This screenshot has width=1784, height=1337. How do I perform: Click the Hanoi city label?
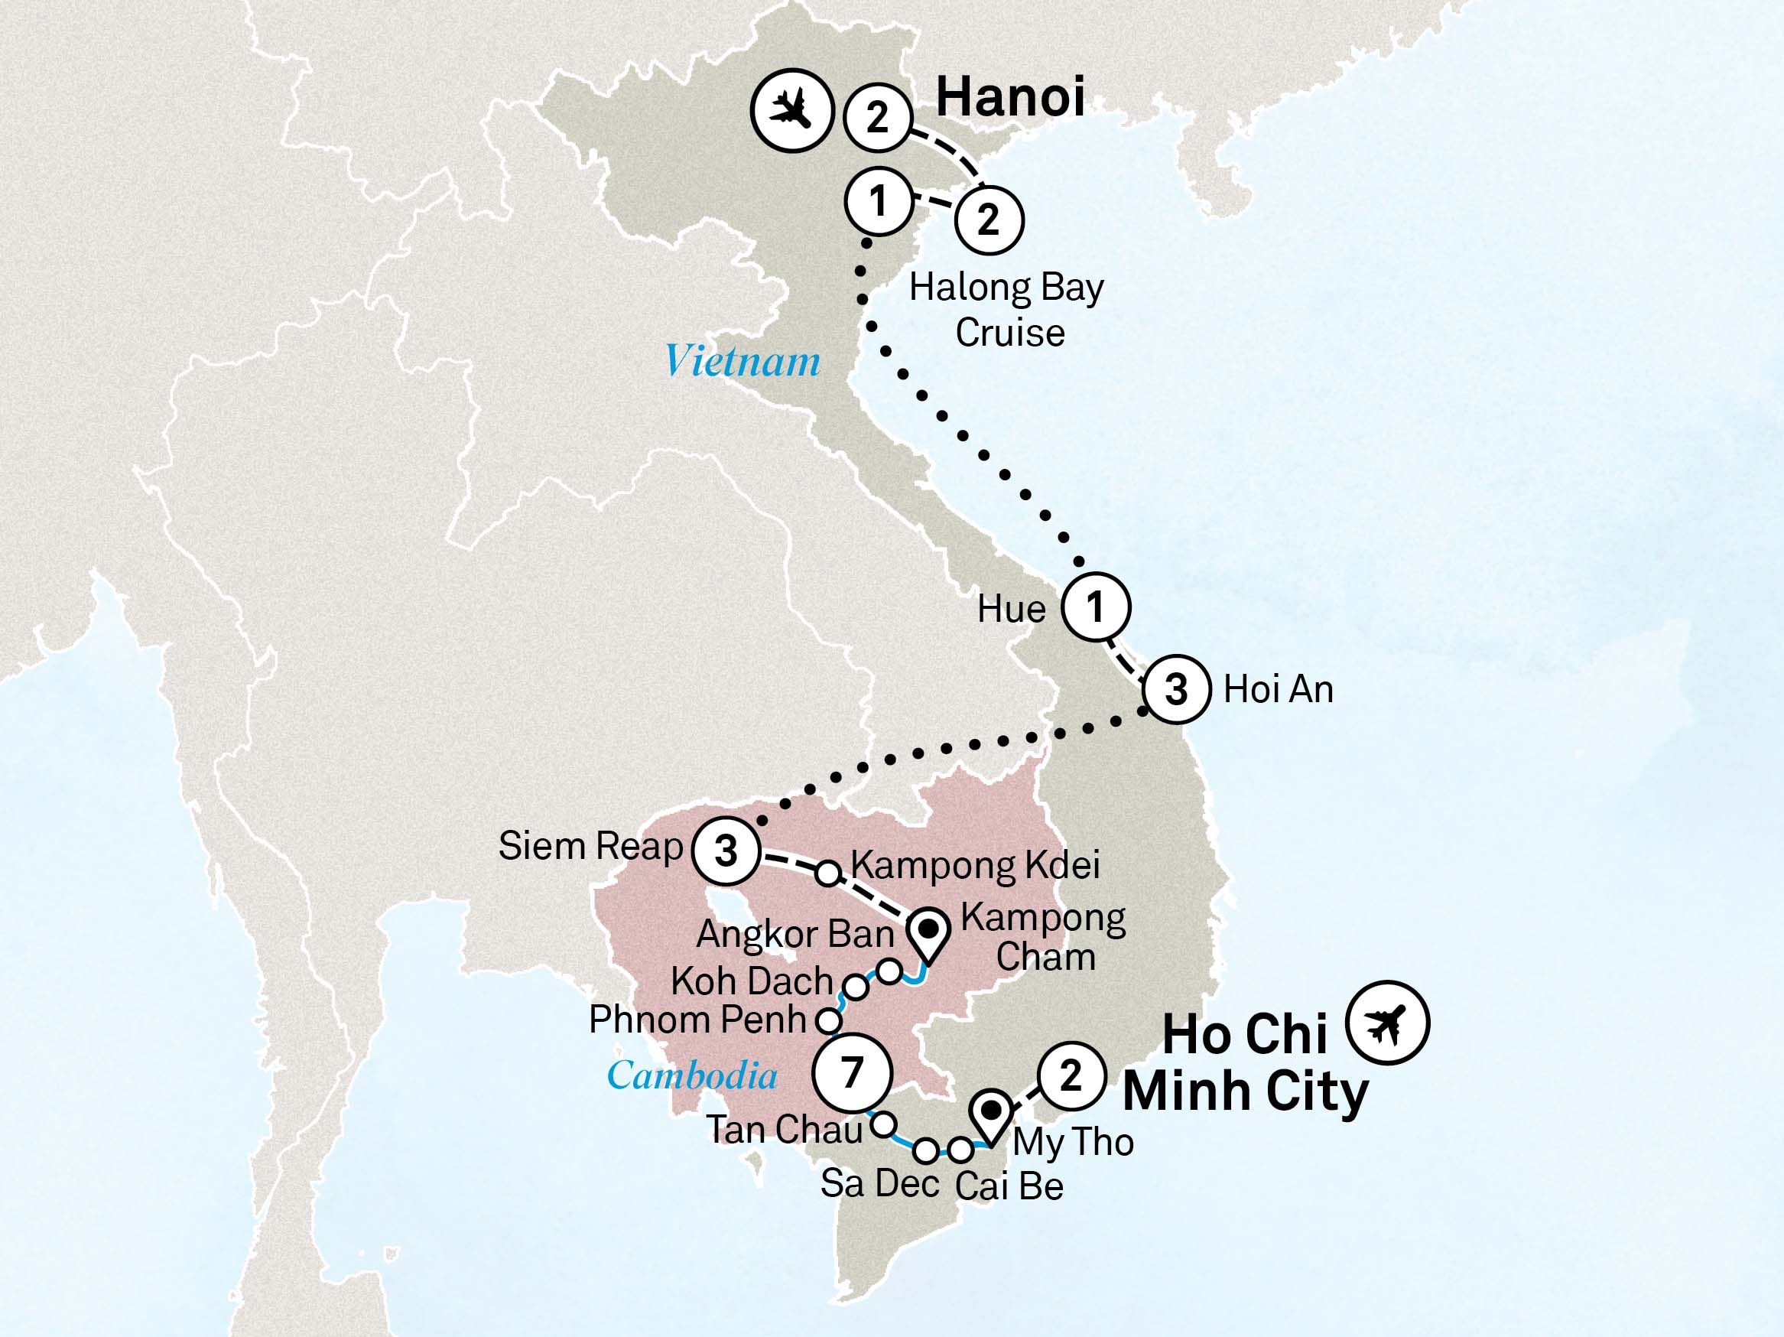[1009, 98]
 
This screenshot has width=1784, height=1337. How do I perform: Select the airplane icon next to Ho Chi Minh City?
[1388, 1023]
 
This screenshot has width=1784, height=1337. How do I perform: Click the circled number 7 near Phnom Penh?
[853, 1072]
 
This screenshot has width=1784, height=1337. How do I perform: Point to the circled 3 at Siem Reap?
[726, 851]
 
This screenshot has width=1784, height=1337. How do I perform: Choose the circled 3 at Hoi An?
[1177, 690]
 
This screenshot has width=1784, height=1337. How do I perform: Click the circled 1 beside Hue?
[1094, 607]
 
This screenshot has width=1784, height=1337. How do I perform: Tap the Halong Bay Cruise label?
[1006, 310]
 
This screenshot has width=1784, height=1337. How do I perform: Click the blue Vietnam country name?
[742, 361]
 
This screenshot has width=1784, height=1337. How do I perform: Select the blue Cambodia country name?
[692, 1075]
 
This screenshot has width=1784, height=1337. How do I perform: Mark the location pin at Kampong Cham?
[929, 935]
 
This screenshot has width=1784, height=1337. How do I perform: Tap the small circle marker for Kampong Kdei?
[828, 873]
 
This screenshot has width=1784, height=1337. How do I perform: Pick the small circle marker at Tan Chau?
[885, 1123]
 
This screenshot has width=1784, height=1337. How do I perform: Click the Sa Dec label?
[879, 1184]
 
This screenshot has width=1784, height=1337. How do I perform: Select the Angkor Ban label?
[795, 935]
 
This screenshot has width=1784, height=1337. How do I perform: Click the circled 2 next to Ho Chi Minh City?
[1070, 1075]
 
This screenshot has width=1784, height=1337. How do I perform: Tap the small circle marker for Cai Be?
[960, 1149]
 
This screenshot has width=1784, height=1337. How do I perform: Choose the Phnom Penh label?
[697, 1020]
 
